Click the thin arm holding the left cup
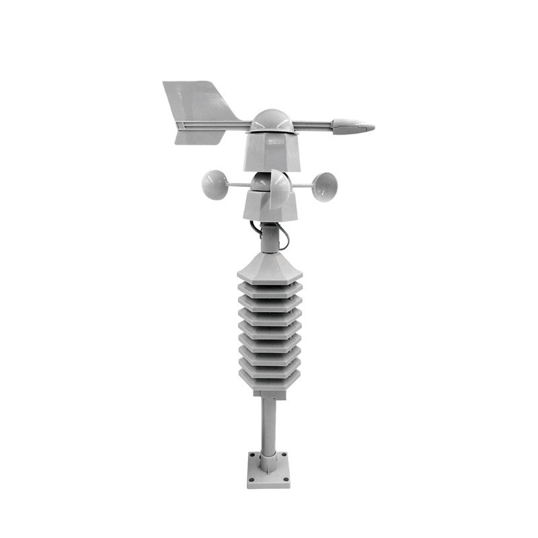tap(239, 184)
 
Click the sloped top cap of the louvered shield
tap(270, 266)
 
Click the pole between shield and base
tap(268, 424)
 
